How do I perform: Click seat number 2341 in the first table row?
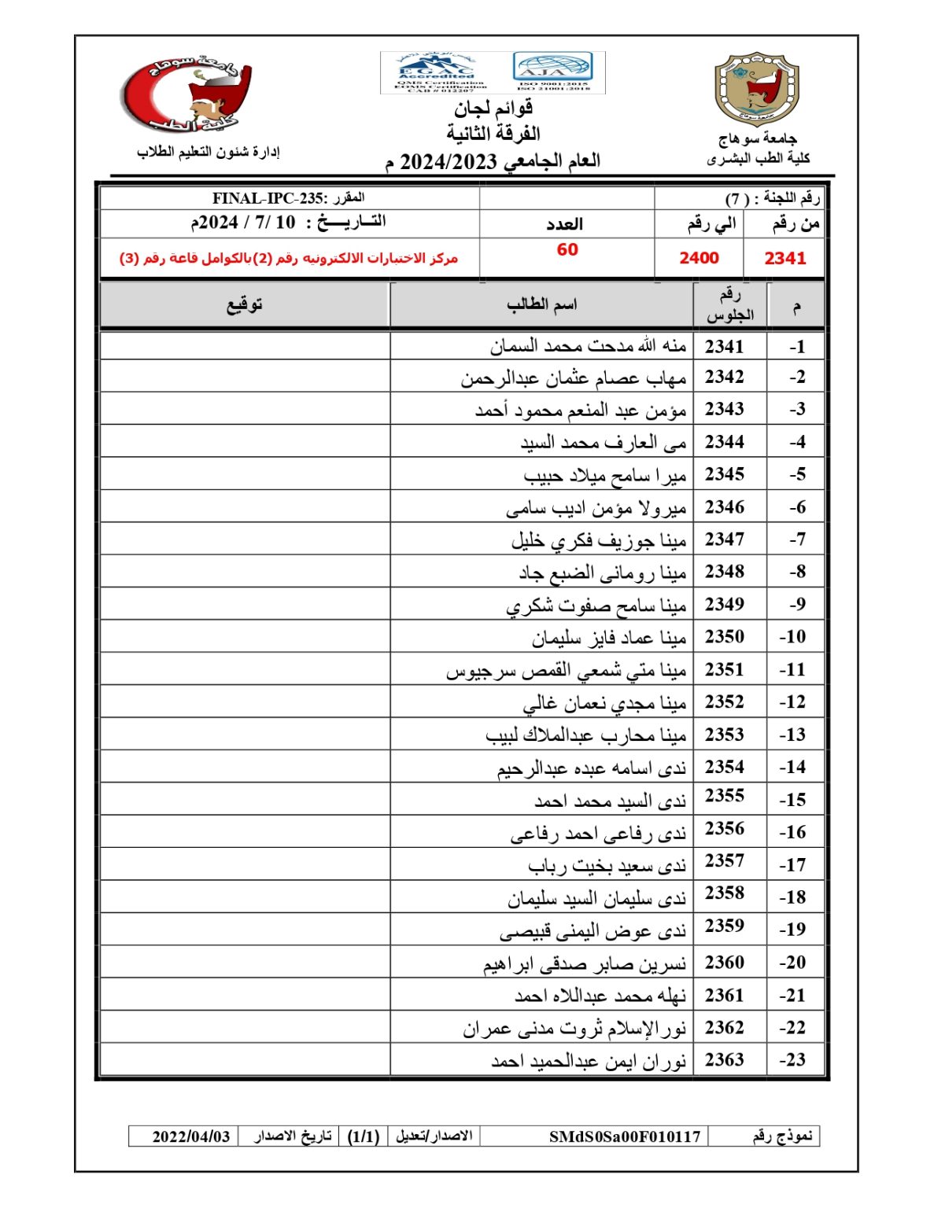724,346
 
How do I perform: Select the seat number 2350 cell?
724,636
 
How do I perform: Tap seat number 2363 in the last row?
724,1059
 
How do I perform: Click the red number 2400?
699,258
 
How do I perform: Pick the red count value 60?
567,250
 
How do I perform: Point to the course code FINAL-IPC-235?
268,198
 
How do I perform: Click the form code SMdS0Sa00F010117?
624,1136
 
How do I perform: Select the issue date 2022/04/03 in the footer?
191,1136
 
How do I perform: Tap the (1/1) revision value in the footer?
364,1136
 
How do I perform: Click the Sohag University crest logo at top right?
756,89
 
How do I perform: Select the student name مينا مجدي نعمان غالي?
604,702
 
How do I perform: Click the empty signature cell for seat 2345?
245,474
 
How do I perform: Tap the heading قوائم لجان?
493,108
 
